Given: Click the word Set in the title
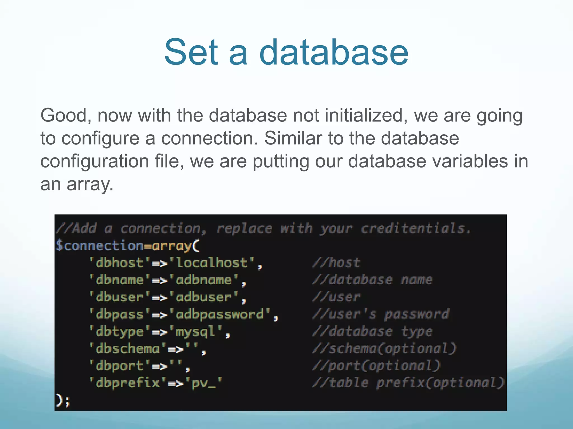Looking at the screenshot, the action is (191, 52).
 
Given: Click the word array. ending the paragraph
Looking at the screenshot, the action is (90, 184).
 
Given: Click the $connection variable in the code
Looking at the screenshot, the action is (99, 246).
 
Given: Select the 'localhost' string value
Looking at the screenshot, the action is (212, 263).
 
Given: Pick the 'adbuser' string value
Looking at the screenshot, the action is (204, 297).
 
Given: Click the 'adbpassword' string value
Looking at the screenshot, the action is (220, 314).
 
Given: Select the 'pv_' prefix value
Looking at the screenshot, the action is (204, 383).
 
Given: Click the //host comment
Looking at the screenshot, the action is (336, 263).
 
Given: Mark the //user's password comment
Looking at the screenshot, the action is (381, 314).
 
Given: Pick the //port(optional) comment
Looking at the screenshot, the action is (377, 366).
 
